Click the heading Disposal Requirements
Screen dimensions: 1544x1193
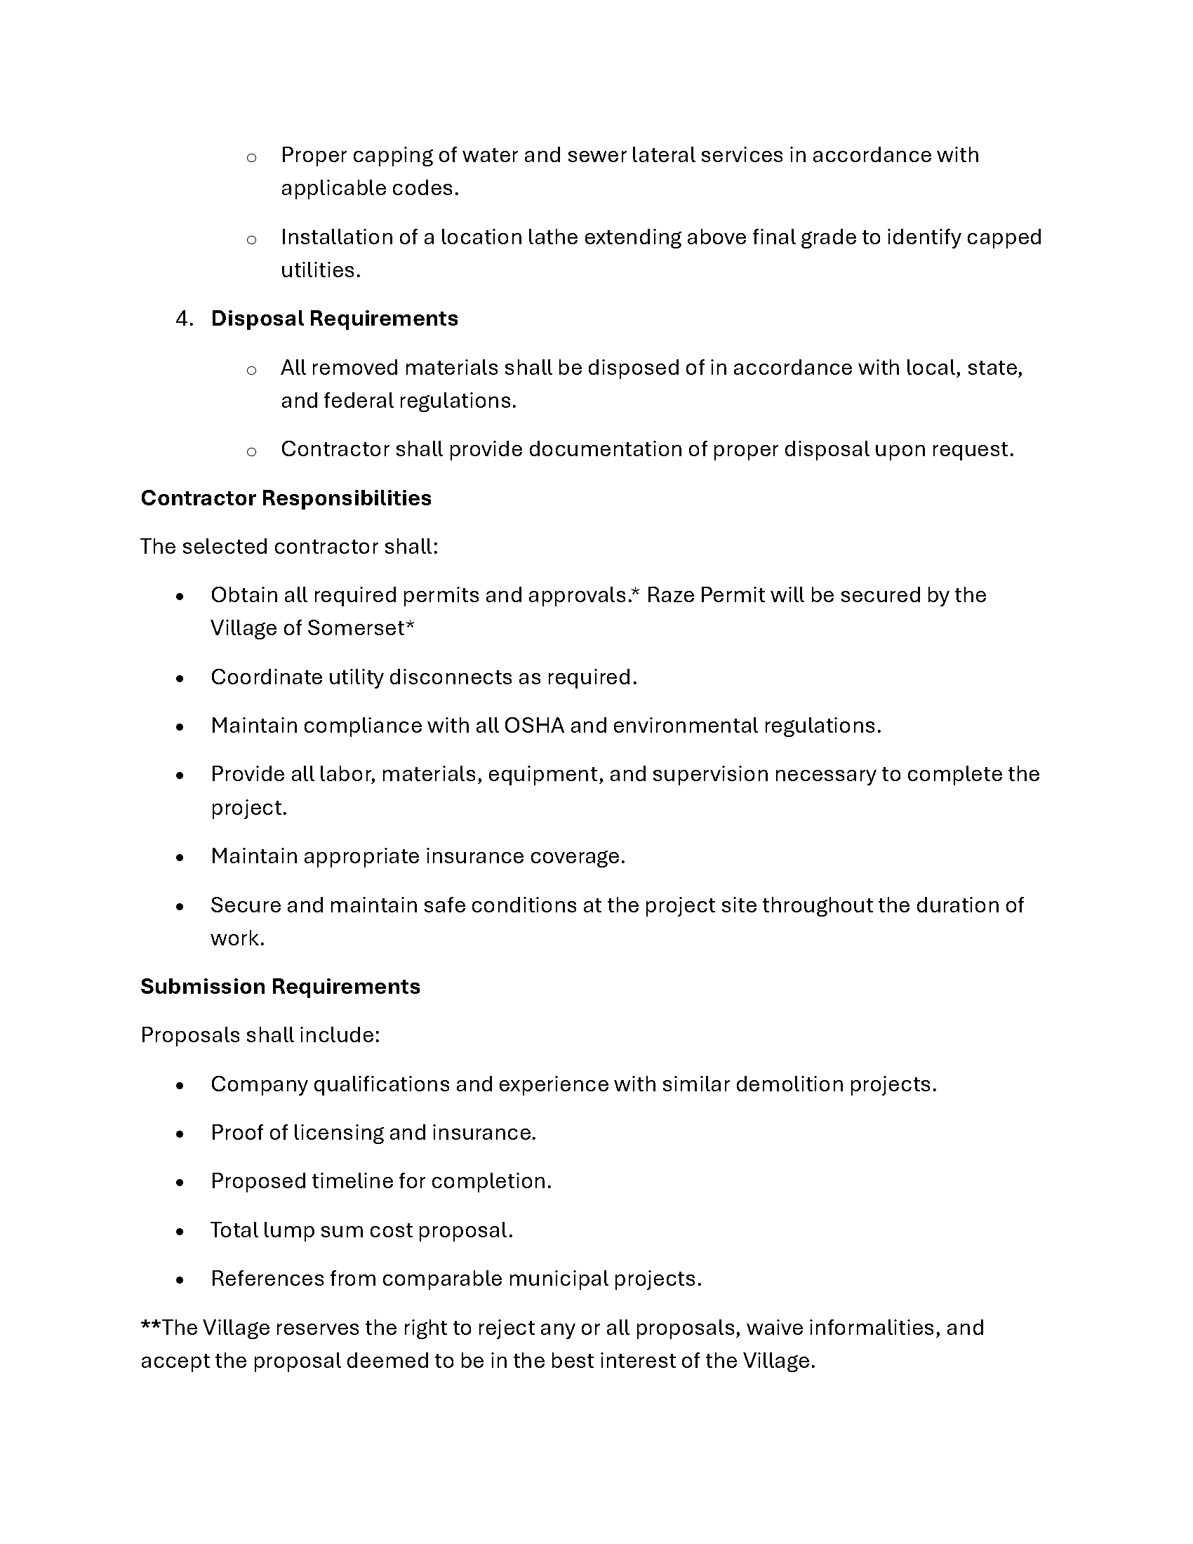pos(334,319)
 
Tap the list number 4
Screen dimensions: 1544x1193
pos(185,319)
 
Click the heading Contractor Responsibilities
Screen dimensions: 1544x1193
pos(286,498)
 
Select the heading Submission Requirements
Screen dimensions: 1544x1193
pos(280,986)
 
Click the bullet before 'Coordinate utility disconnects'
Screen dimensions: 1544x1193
pos(180,679)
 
